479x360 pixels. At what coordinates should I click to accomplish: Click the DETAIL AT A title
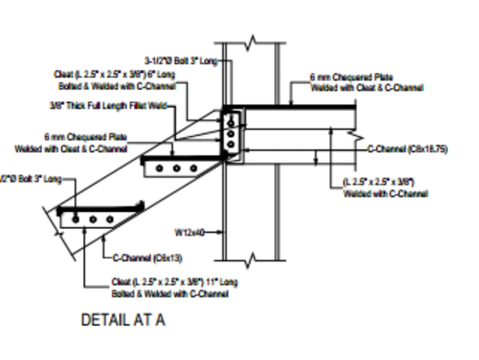coord(123,320)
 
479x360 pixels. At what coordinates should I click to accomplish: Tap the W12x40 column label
coord(189,232)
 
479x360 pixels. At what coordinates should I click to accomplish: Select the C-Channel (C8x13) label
coord(148,258)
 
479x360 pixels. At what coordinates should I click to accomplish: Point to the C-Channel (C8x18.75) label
coord(408,149)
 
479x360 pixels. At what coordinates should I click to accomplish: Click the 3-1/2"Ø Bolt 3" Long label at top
coord(181,61)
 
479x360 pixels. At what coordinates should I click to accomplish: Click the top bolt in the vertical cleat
coord(231,123)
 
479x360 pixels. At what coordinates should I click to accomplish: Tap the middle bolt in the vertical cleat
coord(231,134)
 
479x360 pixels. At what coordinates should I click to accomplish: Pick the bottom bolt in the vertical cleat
coord(231,144)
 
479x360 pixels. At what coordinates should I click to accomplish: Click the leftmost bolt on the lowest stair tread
coord(76,219)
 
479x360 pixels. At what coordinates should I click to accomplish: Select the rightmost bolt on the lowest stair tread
coord(110,219)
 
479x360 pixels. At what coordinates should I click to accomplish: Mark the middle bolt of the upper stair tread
coord(177,168)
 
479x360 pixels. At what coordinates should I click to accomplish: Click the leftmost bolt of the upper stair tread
coord(160,168)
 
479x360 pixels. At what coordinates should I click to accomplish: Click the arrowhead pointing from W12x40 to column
coord(221,232)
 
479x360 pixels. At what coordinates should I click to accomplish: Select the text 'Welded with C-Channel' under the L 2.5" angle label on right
coord(385,194)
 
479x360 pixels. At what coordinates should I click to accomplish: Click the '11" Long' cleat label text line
coord(174,282)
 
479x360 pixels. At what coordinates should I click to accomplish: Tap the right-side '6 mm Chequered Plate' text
coord(352,77)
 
